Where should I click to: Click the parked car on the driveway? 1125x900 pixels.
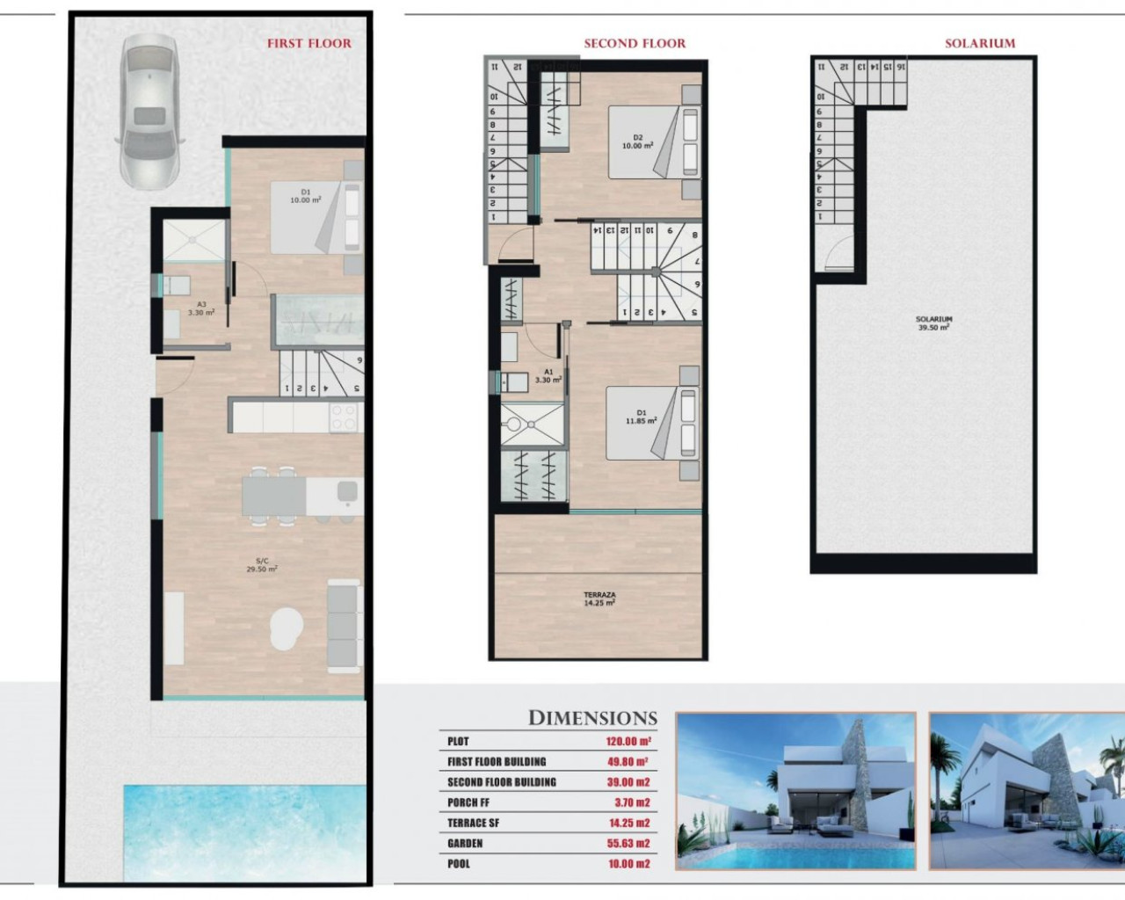(149, 111)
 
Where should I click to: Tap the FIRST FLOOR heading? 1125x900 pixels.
(308, 43)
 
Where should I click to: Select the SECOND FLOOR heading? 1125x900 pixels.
(635, 43)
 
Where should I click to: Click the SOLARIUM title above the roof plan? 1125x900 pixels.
(979, 43)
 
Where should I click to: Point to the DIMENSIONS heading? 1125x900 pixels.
(592, 718)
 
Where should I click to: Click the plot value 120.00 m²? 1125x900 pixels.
(627, 742)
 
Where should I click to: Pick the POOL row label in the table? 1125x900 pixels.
(459, 864)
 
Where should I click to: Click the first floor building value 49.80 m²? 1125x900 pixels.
(627, 762)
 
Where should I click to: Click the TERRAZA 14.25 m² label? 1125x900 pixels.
(599, 599)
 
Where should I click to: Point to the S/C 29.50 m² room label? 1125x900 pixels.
(262, 565)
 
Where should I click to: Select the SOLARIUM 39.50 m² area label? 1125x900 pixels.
(933, 323)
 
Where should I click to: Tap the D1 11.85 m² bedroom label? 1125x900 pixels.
(641, 417)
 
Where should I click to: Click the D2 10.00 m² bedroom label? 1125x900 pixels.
(637, 142)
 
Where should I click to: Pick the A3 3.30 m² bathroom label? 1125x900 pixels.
(201, 308)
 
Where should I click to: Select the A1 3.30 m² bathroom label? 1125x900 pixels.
(548, 376)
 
